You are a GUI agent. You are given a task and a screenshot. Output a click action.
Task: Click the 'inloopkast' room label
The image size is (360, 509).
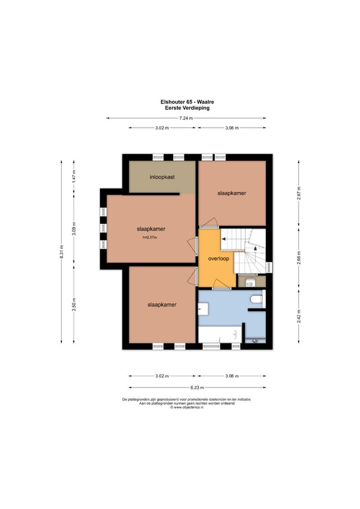[x=162, y=177]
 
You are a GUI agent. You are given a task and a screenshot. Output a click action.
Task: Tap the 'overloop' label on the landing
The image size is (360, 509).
[x=217, y=260]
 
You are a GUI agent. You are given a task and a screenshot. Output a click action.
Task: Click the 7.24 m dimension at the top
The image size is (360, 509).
[x=186, y=118]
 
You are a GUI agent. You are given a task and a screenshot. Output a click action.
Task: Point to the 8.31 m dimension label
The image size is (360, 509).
[x=62, y=251]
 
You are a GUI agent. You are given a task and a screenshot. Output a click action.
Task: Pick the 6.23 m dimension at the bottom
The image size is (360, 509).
[x=197, y=387]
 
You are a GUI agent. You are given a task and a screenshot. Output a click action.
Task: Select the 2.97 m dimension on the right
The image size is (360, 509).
[x=299, y=193]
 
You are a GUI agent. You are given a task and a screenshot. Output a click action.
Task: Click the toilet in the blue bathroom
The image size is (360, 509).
[x=256, y=300]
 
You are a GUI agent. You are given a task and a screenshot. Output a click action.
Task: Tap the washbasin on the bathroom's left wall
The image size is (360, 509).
[x=202, y=308]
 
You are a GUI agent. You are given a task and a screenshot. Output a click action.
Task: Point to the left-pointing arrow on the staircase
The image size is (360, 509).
[x=223, y=239]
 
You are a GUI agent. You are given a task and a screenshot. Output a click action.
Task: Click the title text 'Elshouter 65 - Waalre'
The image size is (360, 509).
[x=186, y=102]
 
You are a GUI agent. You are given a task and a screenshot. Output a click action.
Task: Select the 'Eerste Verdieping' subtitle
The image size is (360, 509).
[x=186, y=107]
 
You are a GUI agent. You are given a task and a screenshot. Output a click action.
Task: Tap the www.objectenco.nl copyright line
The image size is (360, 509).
[x=186, y=408]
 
